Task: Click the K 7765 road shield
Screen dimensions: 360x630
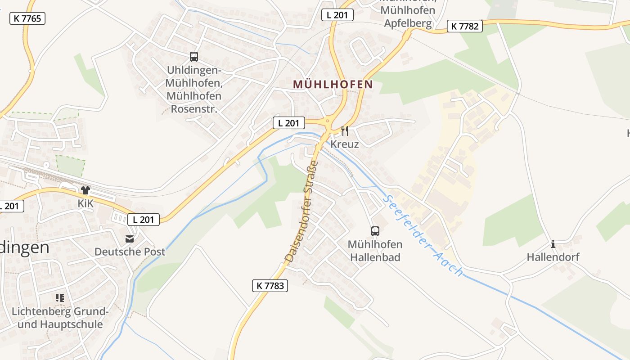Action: coord(27,18)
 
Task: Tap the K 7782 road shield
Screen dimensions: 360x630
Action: coord(465,26)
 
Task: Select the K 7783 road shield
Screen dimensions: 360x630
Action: coord(270,285)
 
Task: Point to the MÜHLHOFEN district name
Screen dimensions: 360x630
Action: coord(333,84)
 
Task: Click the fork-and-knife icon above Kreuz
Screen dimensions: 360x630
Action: coord(345,131)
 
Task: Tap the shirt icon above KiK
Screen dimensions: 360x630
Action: coord(85,190)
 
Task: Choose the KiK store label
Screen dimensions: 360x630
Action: coord(85,203)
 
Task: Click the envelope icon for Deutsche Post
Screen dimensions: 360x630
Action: coord(130,238)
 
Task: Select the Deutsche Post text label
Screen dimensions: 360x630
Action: coord(130,252)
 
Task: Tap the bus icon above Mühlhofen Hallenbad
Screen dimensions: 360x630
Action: coord(375,231)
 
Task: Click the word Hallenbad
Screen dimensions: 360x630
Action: coord(375,257)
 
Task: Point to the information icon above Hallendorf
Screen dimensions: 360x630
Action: coord(553,244)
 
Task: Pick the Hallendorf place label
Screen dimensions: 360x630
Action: coord(553,257)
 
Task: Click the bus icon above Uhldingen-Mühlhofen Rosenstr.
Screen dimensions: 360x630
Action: coord(194,57)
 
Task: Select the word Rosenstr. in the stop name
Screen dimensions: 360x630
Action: coord(194,109)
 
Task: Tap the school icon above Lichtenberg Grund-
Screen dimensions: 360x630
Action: coord(60,298)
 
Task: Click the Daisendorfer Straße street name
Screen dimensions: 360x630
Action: coord(301,211)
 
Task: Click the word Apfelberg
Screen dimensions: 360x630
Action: coord(408,23)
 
